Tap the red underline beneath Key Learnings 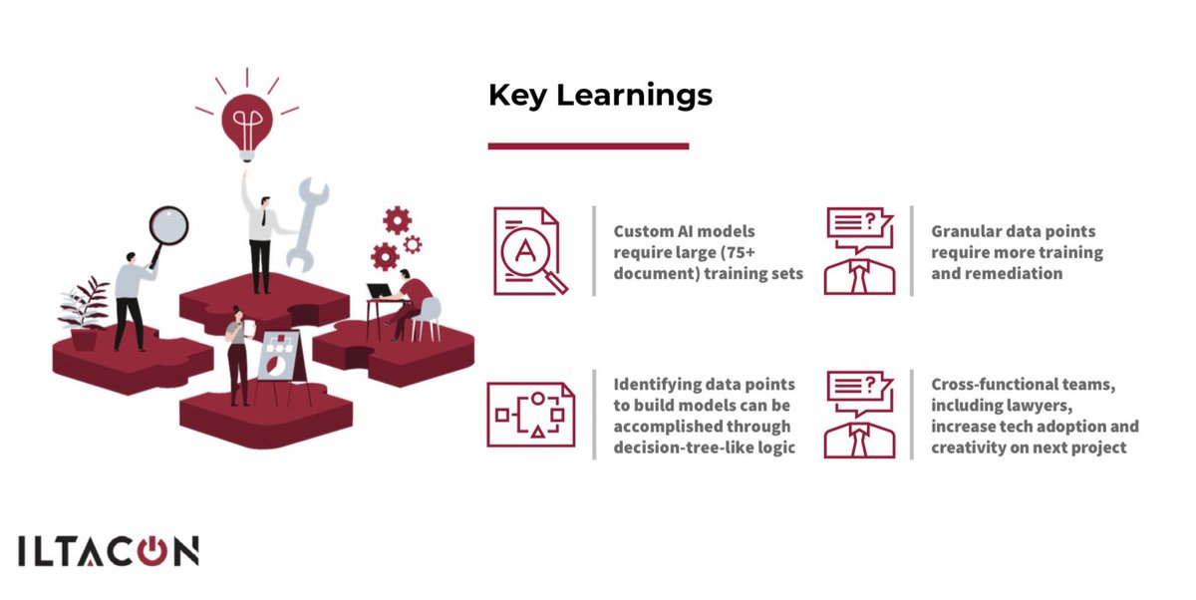coord(588,147)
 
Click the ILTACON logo coord(108,552)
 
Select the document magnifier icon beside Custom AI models coord(528,251)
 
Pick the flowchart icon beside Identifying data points coord(530,414)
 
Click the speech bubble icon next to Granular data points coord(858,250)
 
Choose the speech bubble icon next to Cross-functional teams coord(858,414)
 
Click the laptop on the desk coord(379,291)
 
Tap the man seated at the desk coord(411,299)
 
